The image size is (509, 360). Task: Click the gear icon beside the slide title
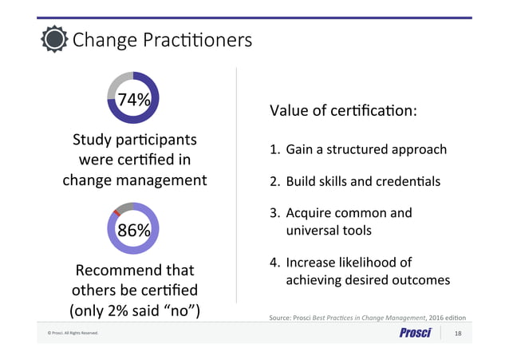[x=53, y=38]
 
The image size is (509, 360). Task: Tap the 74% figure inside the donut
[x=133, y=100]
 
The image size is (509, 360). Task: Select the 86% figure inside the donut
[x=133, y=231]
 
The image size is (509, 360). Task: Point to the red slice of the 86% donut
[x=117, y=212]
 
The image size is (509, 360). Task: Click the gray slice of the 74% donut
[x=120, y=83]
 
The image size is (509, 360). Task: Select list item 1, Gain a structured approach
[x=357, y=149]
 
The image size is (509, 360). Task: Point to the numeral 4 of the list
[x=274, y=263]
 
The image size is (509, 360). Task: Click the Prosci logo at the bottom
[x=415, y=332]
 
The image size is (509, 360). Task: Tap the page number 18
[x=457, y=333]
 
